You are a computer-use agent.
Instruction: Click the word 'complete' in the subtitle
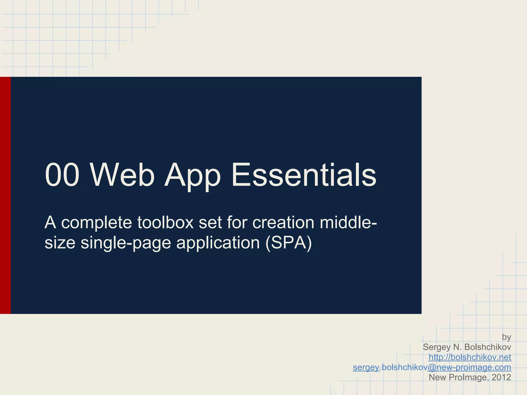[x=96, y=223]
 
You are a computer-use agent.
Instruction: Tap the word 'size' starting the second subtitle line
[x=60, y=243]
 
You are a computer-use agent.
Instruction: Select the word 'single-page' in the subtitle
[x=126, y=243]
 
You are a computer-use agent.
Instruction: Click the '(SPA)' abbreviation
[x=288, y=243]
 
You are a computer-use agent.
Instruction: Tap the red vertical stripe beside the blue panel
[x=5, y=195]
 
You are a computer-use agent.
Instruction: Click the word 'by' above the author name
[x=506, y=337]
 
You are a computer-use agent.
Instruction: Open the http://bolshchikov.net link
[x=470, y=357]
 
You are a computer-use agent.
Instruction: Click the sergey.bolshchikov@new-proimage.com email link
[x=432, y=367]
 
